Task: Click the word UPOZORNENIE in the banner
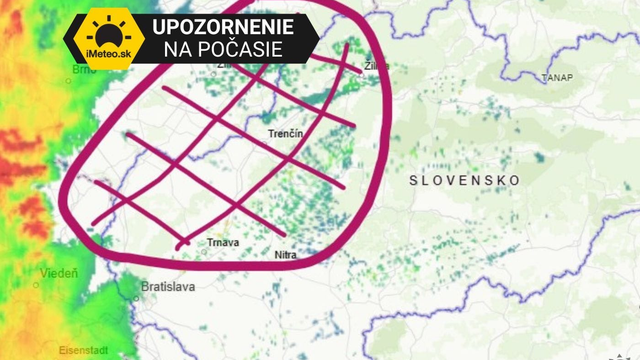point(224,25)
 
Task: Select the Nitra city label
point(285,255)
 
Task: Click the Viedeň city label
point(59,273)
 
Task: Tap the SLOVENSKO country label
point(465,181)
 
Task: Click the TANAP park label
point(556,77)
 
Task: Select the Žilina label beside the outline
point(377,66)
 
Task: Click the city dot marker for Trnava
point(204,251)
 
